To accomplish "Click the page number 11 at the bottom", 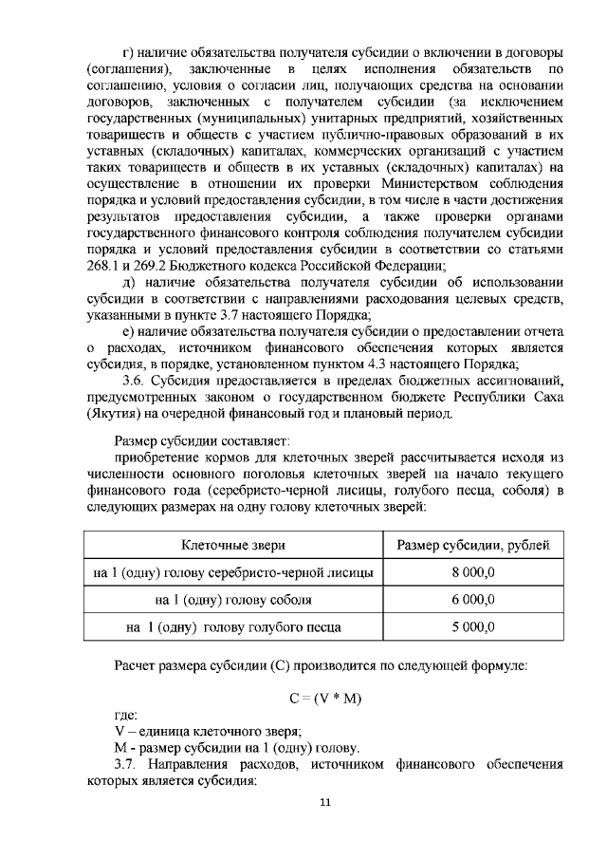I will coord(324,803).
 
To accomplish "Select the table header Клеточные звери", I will coord(233,545).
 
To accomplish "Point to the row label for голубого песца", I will coord(233,627).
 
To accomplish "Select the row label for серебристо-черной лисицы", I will coord(233,572).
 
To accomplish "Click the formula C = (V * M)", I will coord(324,698).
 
